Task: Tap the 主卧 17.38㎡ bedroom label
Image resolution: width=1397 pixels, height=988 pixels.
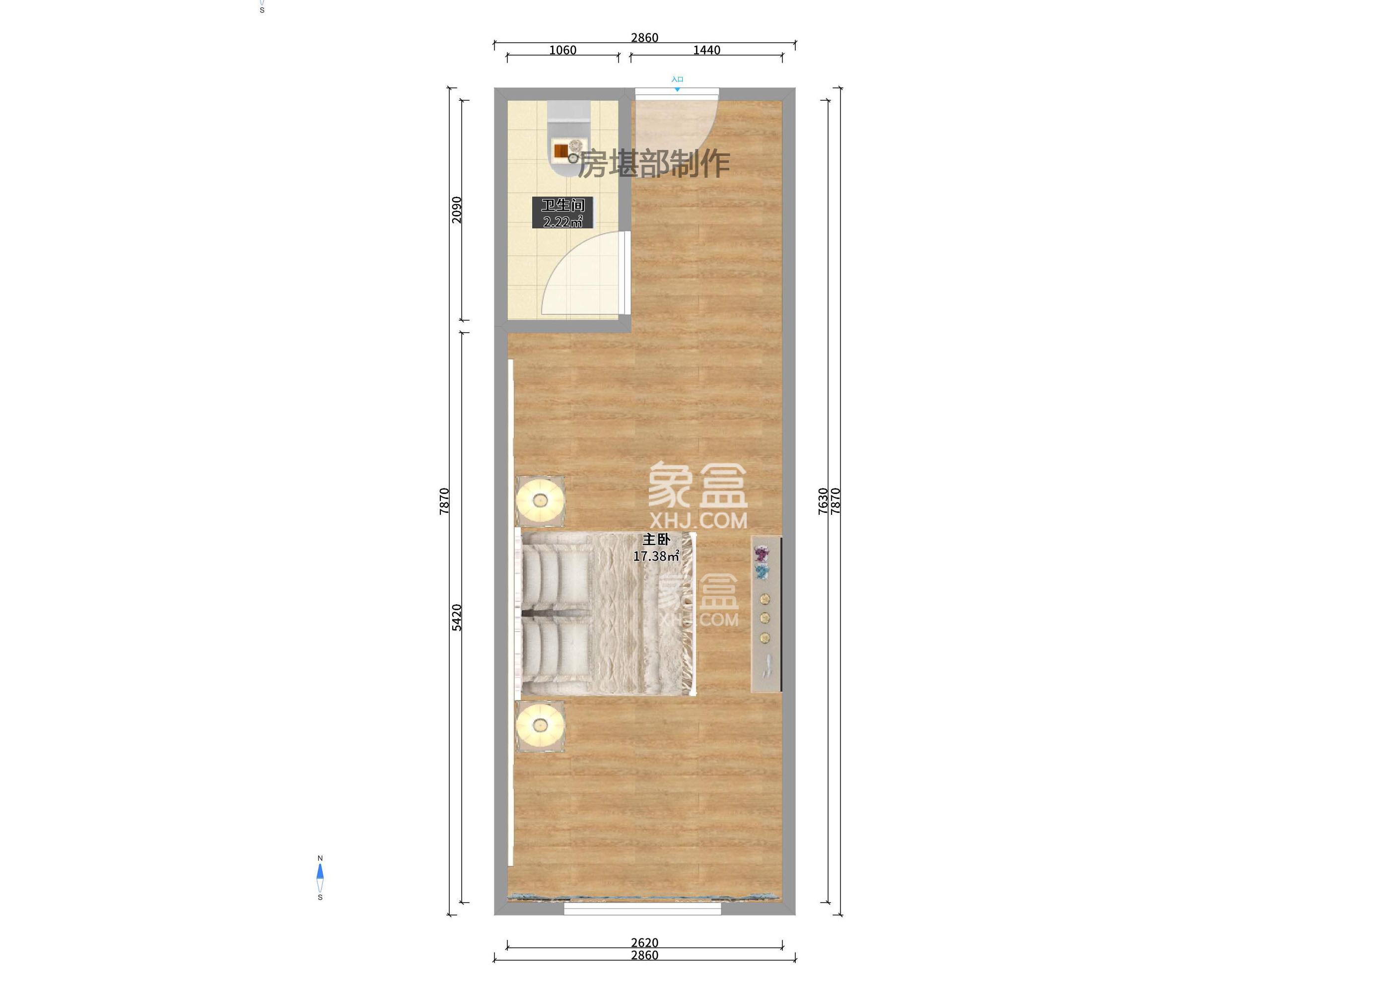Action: coord(656,548)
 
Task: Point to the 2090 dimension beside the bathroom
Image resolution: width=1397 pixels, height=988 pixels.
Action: coord(457,210)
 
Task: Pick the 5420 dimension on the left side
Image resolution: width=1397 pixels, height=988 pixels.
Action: coord(457,617)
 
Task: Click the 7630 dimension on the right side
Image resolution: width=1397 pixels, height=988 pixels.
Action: coord(823,501)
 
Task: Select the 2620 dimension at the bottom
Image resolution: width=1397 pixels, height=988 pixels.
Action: coord(644,942)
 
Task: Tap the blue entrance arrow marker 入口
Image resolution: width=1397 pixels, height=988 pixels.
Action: coord(677,89)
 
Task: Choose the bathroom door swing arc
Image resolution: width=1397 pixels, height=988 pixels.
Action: coord(578,277)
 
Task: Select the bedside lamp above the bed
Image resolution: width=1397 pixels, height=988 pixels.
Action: coord(540,500)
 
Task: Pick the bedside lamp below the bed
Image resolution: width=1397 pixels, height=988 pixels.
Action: coord(540,725)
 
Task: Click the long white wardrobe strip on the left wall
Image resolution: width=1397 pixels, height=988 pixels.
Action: coord(511,611)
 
